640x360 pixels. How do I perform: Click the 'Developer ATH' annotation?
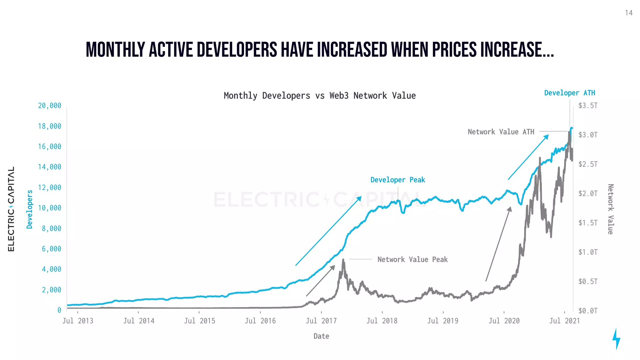[569, 93]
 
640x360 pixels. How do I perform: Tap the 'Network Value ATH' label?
[501, 132]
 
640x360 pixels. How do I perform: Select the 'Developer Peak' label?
[397, 180]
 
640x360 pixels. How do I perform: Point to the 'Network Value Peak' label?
[412, 259]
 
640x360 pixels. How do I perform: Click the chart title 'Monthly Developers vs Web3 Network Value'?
[319, 96]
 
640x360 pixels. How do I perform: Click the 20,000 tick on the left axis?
[49, 106]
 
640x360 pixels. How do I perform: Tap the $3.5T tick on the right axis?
[587, 106]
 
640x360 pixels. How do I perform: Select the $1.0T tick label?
[587, 252]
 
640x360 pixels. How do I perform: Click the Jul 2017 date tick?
[321, 321]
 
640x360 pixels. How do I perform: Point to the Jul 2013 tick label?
[77, 321]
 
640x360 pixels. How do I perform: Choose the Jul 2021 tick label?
[564, 321]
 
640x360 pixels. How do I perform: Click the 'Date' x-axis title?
[321, 336]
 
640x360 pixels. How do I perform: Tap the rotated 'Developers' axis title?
[30, 209]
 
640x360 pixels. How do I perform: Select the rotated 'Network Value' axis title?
[610, 209]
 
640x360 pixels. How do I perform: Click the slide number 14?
[628, 13]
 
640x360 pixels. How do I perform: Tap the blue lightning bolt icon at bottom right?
[616, 339]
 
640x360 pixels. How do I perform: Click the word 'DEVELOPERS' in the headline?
[237, 50]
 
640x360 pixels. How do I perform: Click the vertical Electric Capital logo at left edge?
[11, 209]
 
